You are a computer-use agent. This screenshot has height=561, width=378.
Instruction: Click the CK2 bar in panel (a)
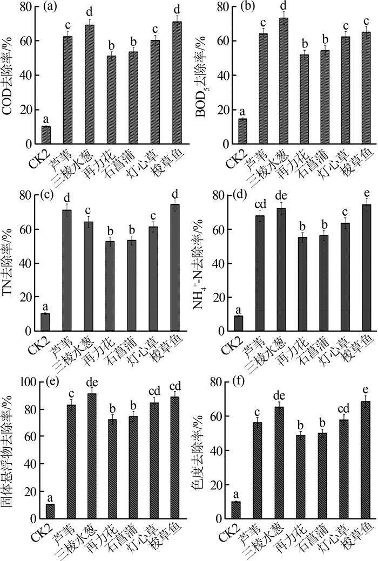46,135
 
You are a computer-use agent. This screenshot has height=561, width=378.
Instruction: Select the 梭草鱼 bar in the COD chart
177,83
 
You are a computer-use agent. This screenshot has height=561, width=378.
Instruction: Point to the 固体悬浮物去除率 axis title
9,453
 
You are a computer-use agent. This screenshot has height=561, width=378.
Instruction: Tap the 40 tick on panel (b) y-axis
218,76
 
